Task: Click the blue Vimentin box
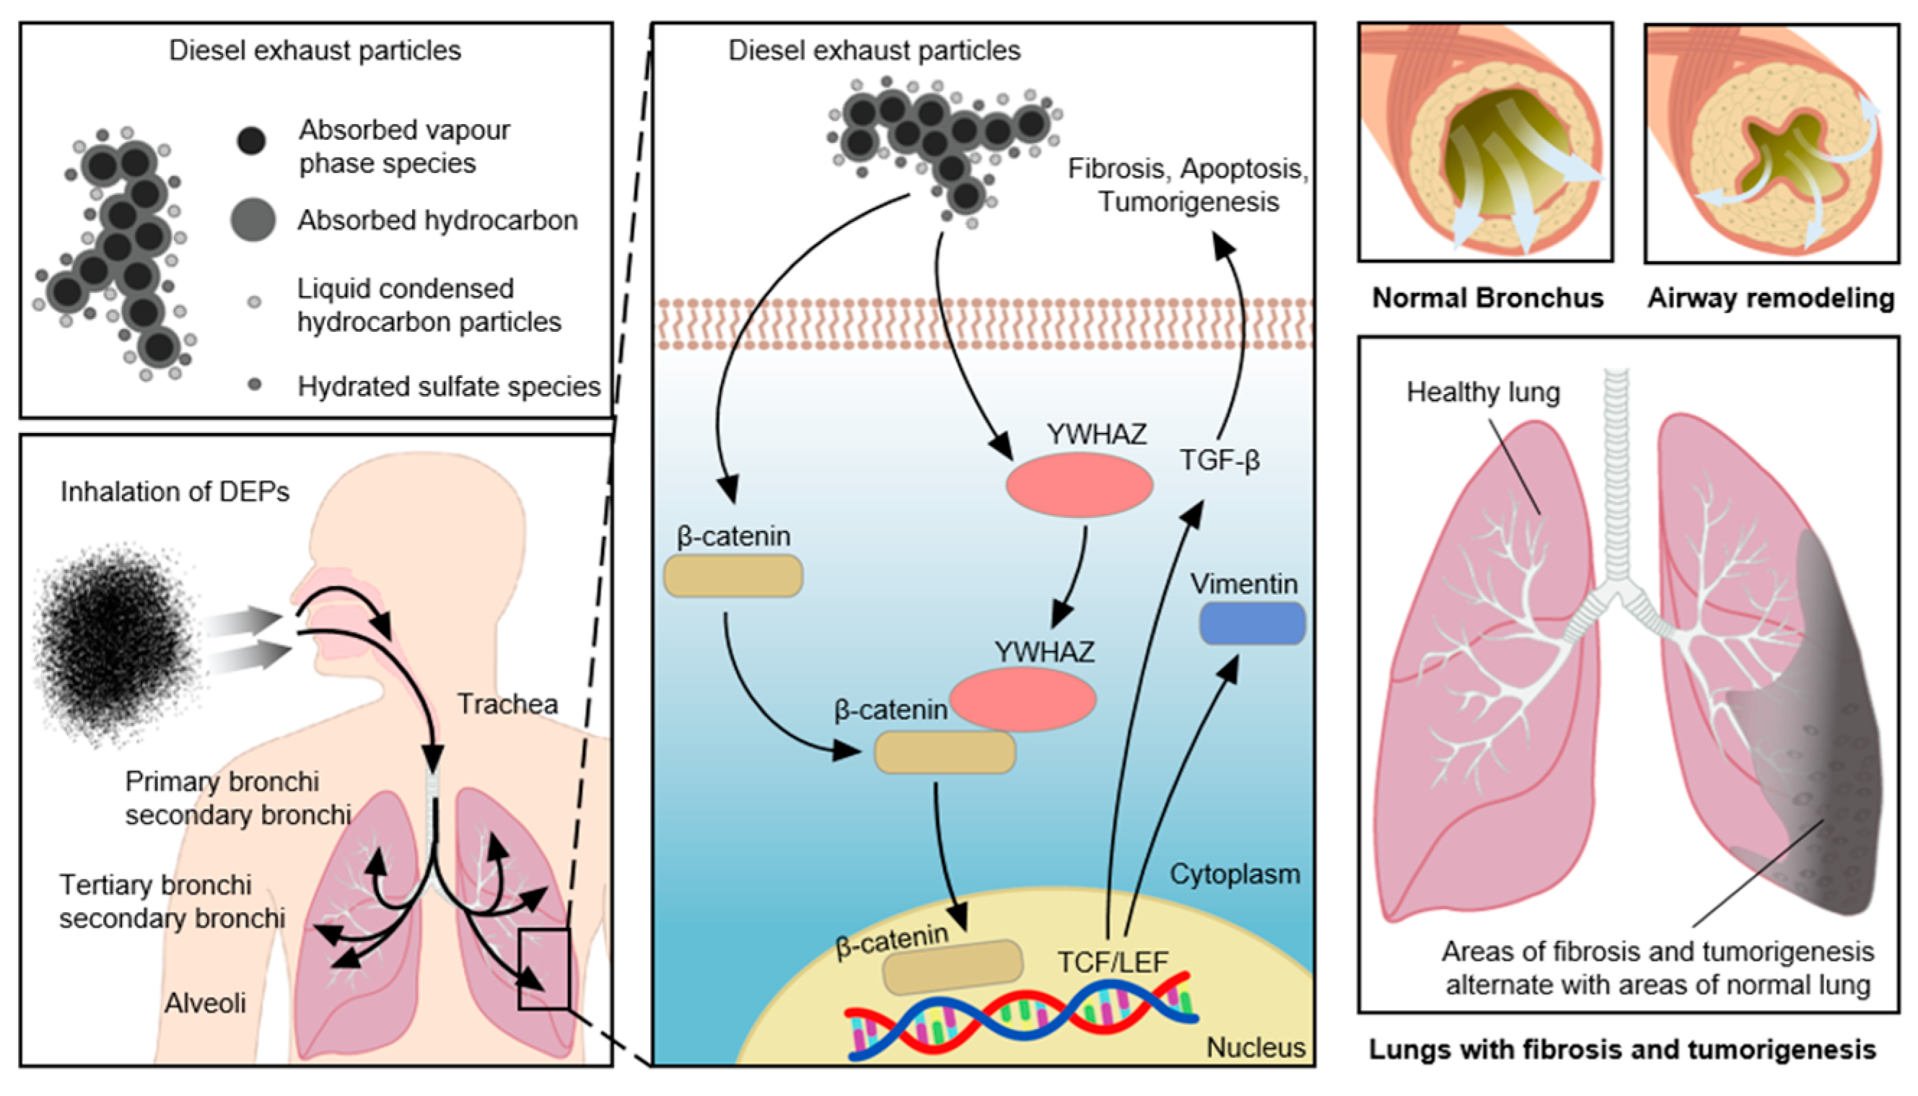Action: [x=1251, y=623]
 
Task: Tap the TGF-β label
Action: [x=1219, y=460]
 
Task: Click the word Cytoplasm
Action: [x=1235, y=874]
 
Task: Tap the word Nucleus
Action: [x=1256, y=1047]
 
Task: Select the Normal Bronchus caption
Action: [x=1487, y=298]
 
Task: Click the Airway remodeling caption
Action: [x=1771, y=298]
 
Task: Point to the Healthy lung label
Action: [x=1483, y=393]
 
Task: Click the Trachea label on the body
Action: [x=507, y=704]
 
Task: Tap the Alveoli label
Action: [x=205, y=1003]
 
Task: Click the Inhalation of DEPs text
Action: [x=175, y=491]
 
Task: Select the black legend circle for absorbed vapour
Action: [x=251, y=141]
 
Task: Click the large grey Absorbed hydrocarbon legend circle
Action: [x=253, y=220]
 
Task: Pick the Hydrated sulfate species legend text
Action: [x=449, y=386]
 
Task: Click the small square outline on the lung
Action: [x=543, y=969]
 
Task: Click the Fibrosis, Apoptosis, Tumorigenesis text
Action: [x=1188, y=185]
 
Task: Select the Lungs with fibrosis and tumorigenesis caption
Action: [x=1621, y=1049]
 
